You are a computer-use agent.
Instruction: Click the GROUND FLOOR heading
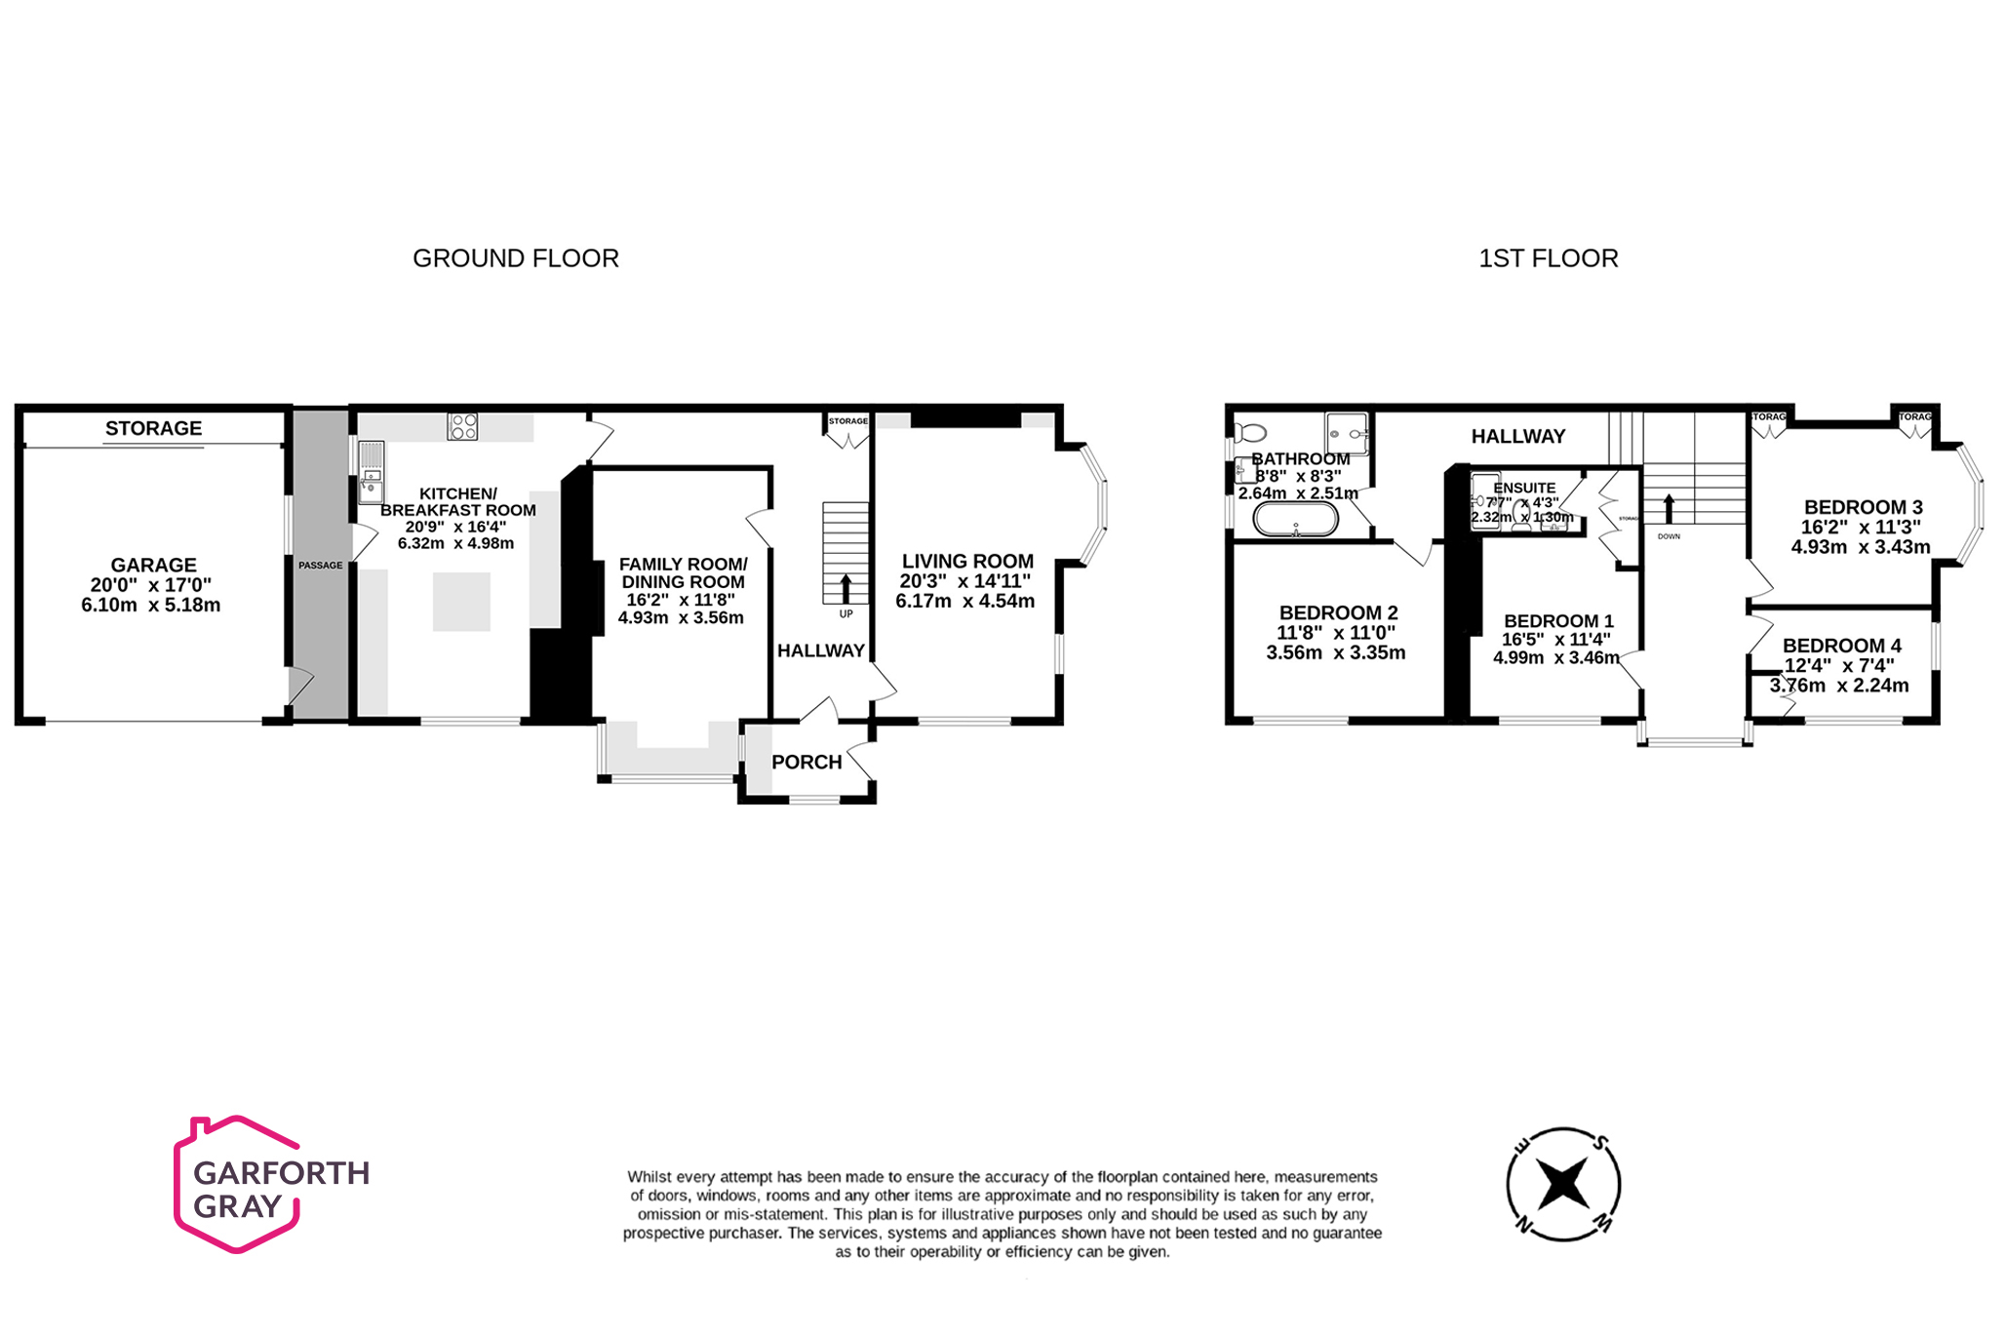(x=515, y=258)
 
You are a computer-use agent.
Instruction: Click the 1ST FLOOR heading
(x=1548, y=258)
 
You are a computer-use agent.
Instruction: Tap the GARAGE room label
(x=153, y=566)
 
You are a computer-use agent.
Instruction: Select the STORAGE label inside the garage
(x=153, y=428)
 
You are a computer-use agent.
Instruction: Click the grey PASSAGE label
(x=320, y=566)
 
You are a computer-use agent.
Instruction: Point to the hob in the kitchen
(x=462, y=426)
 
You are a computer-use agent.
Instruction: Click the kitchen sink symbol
(x=372, y=473)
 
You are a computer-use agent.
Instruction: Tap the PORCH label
(x=806, y=763)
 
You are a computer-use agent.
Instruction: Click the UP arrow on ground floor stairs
(x=846, y=588)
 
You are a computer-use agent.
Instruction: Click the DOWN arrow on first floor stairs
(x=1669, y=508)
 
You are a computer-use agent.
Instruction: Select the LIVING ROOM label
(x=967, y=562)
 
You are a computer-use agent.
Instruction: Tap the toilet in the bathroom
(x=1250, y=432)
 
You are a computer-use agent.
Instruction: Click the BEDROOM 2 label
(x=1338, y=613)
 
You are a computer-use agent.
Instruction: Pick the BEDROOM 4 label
(x=1841, y=646)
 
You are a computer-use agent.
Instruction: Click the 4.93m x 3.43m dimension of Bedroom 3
(x=1860, y=547)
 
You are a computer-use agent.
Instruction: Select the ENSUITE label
(x=1524, y=488)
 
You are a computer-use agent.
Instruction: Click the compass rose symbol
(x=1562, y=1185)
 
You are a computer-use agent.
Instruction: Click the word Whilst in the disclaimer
(x=649, y=1177)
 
